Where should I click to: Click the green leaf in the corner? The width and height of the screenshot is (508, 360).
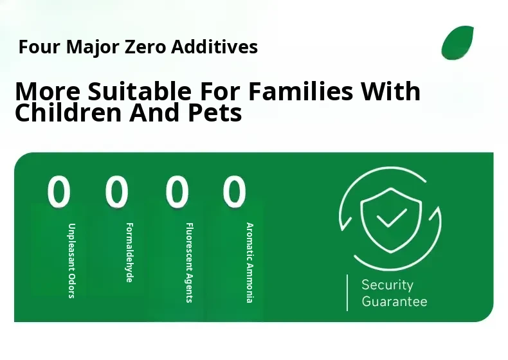click(x=457, y=43)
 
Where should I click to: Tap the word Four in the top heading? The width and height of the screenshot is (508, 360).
click(x=39, y=47)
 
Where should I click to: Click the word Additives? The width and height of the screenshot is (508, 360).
click(x=215, y=47)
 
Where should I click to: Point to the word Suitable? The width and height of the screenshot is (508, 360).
click(x=140, y=91)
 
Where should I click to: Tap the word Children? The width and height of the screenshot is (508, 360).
click(x=68, y=113)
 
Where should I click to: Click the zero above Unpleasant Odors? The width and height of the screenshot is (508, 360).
click(x=59, y=192)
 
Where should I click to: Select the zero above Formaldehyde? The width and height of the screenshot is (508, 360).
click(x=117, y=192)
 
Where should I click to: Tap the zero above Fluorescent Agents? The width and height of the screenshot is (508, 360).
click(x=177, y=192)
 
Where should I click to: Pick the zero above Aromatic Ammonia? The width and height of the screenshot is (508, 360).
click(x=234, y=192)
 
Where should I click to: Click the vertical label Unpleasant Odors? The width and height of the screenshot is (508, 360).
click(x=71, y=260)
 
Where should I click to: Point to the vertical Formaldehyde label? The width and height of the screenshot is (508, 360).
click(x=129, y=253)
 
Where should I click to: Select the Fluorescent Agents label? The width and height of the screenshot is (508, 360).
click(x=189, y=262)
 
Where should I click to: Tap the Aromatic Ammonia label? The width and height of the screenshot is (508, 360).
click(x=249, y=262)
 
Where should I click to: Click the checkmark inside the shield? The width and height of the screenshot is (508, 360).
click(x=392, y=217)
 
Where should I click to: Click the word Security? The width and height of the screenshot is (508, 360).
click(x=388, y=285)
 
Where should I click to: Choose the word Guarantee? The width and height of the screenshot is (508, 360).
click(x=394, y=301)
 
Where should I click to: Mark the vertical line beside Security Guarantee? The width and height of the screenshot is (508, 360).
click(x=347, y=293)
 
